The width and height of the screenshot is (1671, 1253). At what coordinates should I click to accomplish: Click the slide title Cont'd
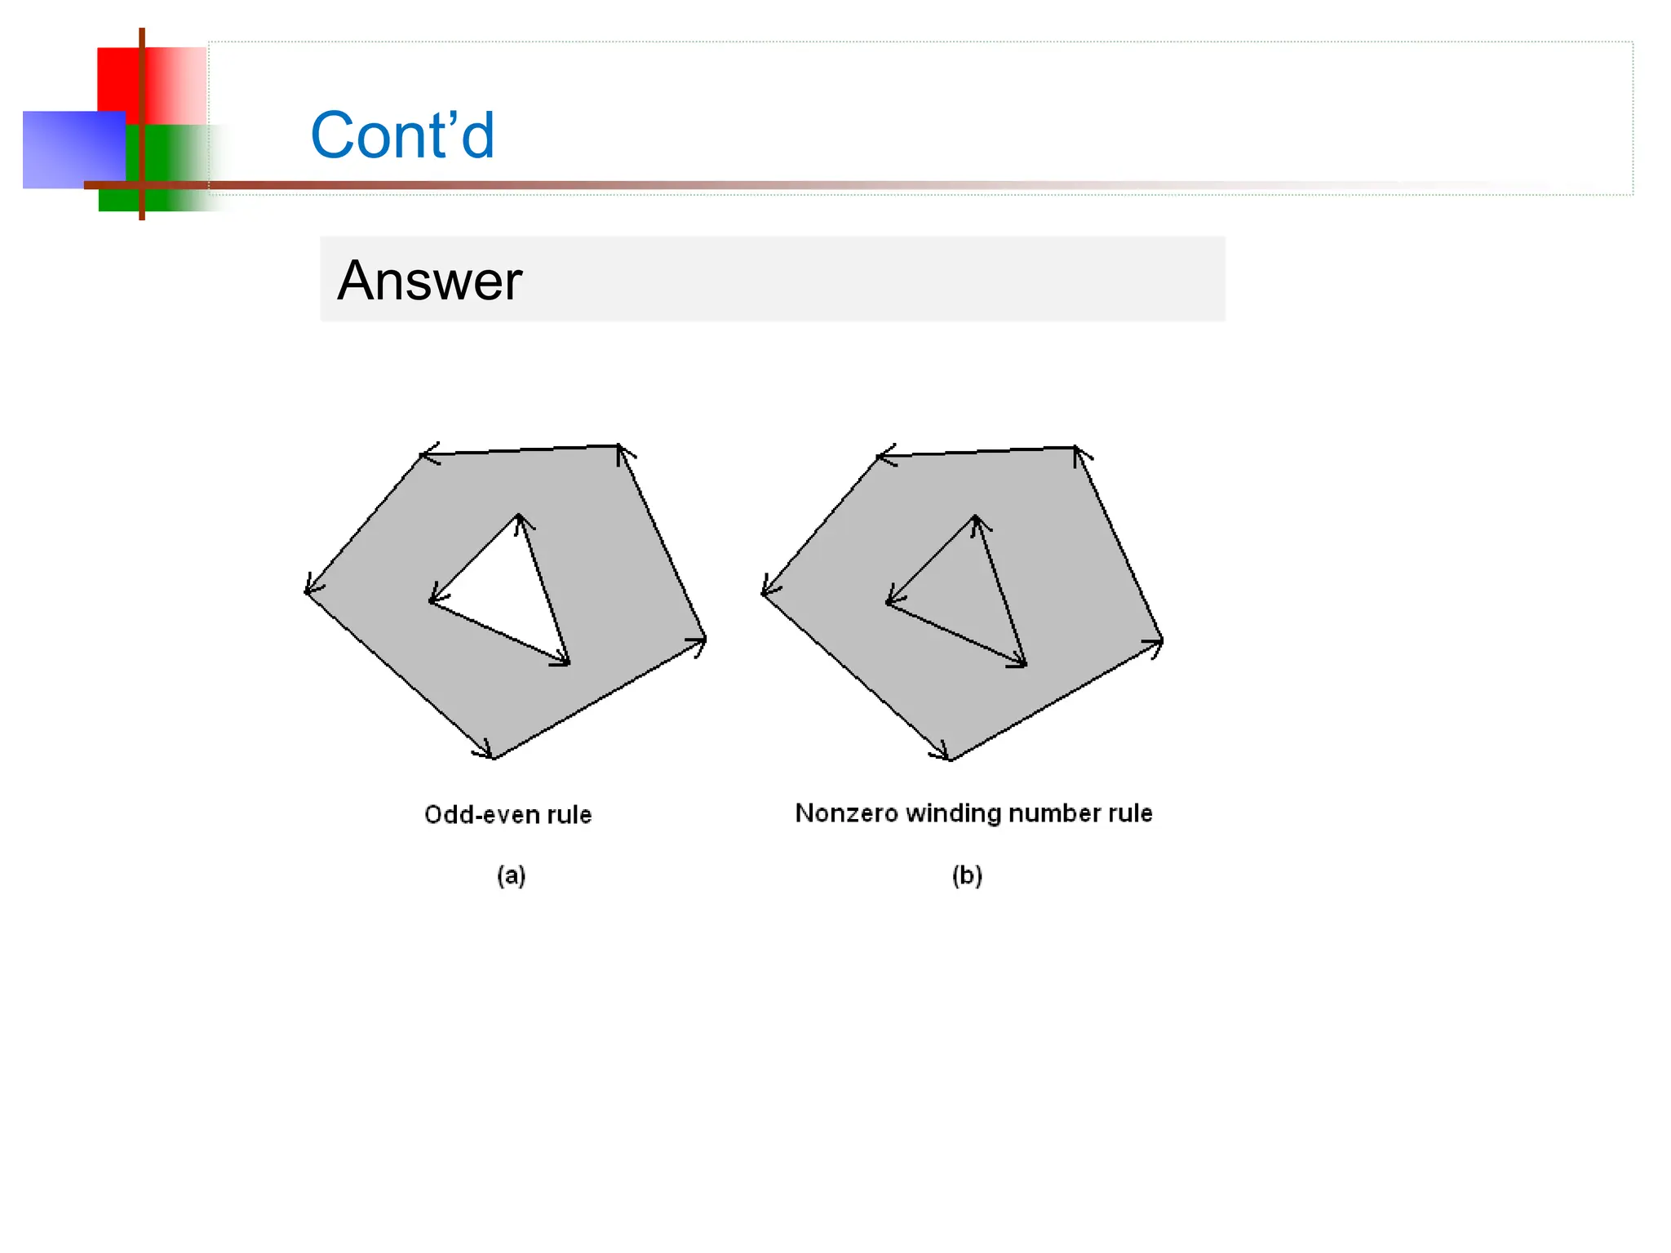click(x=402, y=135)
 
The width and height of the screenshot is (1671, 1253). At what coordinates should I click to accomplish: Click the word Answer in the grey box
click(x=429, y=281)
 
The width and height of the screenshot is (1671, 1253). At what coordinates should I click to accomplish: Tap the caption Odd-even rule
click(x=508, y=814)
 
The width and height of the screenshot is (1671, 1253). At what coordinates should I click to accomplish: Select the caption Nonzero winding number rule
click(x=973, y=812)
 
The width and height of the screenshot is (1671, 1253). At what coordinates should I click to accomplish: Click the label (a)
click(x=512, y=875)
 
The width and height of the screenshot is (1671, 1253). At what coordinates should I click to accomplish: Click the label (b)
click(x=967, y=875)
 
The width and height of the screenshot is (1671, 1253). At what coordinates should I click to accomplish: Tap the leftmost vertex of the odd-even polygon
click(x=307, y=591)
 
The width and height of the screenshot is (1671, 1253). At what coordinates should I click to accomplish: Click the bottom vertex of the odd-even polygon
click(x=494, y=758)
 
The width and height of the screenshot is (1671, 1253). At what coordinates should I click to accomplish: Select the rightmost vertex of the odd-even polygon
click(x=705, y=640)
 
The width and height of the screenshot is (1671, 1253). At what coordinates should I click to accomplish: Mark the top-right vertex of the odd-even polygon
click(x=619, y=446)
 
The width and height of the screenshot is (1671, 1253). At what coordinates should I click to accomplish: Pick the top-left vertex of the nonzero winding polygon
click(x=879, y=456)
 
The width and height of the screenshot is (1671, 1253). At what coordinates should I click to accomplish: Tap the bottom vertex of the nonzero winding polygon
click(x=951, y=759)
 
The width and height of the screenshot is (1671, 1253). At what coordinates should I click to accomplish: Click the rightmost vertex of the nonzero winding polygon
click(x=1162, y=641)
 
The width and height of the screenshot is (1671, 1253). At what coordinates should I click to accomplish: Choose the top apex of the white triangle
click(x=519, y=516)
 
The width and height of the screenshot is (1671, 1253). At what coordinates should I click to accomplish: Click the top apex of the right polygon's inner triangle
click(x=976, y=517)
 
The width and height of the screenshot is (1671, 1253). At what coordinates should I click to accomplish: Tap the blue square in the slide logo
click(x=73, y=149)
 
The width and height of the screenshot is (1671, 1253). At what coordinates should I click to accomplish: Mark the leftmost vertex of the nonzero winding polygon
click(x=764, y=593)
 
